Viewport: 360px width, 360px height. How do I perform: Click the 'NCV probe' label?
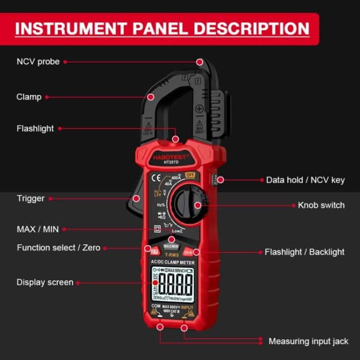(x=38, y=62)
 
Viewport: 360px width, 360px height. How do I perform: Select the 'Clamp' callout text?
(x=29, y=97)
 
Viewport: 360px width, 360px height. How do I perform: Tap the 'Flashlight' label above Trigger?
(x=35, y=129)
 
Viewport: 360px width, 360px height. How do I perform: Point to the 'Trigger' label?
(x=30, y=198)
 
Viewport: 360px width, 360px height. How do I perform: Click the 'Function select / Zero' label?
(x=58, y=247)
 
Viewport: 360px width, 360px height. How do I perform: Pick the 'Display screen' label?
(x=45, y=282)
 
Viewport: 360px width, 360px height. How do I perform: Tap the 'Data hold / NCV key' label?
(x=305, y=180)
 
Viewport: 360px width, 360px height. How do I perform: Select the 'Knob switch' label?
(x=321, y=205)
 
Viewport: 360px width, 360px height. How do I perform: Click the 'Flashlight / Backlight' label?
(x=304, y=252)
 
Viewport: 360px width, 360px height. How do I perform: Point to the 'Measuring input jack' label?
(x=308, y=341)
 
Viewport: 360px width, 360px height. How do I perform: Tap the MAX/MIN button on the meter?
(x=171, y=246)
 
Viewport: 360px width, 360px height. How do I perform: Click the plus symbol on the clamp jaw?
(x=199, y=109)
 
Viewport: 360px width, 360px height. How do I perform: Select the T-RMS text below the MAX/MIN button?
(x=171, y=254)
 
